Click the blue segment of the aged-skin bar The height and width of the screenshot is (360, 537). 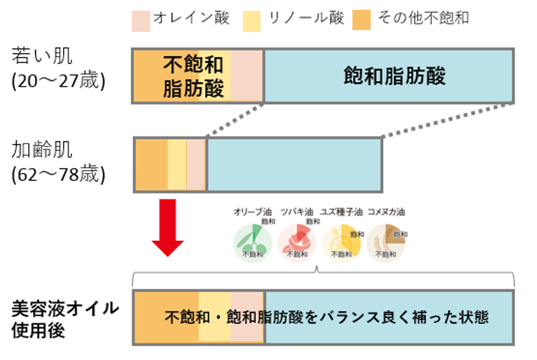pos(294,164)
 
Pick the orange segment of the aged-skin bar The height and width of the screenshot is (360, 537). pos(151,164)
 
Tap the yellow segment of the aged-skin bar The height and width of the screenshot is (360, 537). pos(177,164)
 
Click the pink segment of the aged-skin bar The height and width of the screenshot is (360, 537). pos(196,164)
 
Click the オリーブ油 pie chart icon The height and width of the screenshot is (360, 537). pos(252,242)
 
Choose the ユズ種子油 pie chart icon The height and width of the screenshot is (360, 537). pos(342,242)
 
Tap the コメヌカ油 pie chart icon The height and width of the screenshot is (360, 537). pos(387,242)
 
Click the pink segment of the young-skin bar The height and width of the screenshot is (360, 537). pos(247,76)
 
